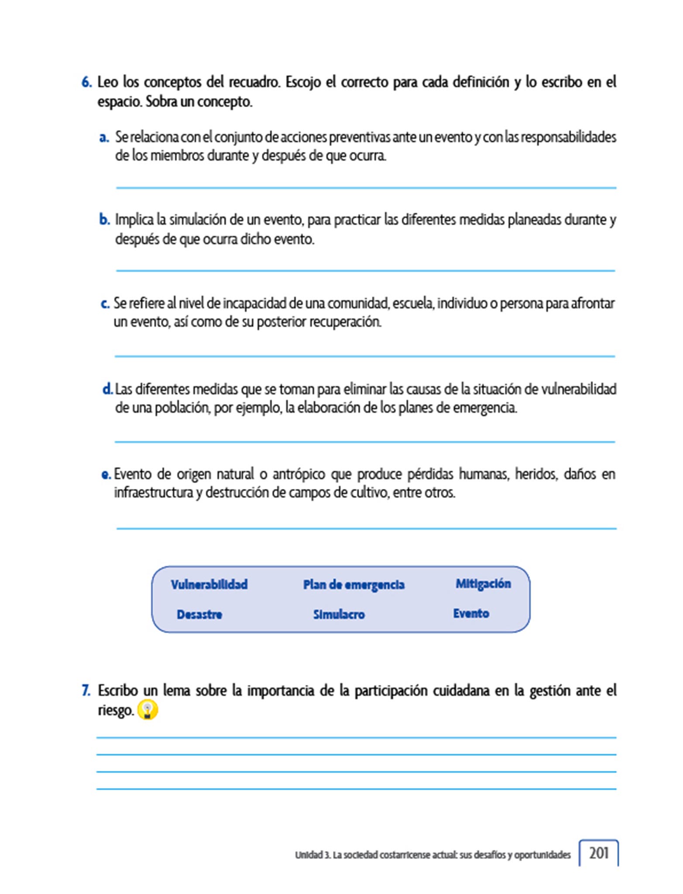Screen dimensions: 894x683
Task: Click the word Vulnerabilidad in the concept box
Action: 209,584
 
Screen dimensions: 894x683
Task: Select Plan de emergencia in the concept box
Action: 354,585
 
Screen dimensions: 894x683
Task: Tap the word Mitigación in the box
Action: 483,584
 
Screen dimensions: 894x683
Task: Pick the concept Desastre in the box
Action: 199,614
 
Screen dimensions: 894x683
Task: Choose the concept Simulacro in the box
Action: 339,614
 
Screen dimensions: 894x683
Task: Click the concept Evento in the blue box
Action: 471,613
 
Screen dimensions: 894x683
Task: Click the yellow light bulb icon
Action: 148,710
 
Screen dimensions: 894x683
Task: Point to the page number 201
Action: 599,853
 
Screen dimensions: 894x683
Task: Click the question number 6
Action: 86,82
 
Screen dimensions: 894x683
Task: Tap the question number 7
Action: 86,691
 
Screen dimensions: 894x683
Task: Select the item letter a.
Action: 104,138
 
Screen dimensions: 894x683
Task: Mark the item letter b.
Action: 104,219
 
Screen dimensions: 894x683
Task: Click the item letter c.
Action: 105,303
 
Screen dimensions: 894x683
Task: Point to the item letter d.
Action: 107,389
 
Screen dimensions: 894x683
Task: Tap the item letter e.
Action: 106,475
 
